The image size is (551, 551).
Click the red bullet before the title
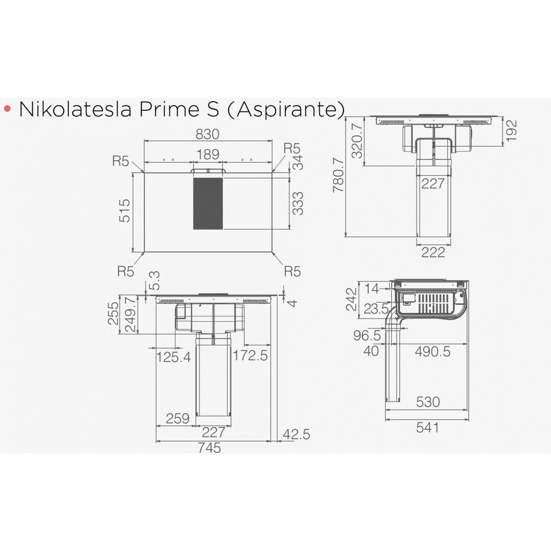(x=7, y=109)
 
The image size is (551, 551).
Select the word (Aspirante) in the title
(x=284, y=109)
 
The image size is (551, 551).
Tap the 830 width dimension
(x=208, y=134)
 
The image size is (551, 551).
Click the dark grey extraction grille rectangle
(x=208, y=203)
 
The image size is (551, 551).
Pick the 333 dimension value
(x=298, y=203)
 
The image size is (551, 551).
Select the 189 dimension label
(x=208, y=154)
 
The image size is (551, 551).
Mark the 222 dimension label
(x=433, y=253)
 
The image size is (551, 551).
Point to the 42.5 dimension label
(x=296, y=435)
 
